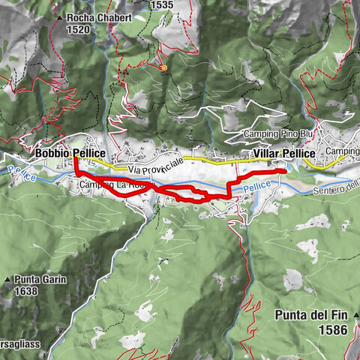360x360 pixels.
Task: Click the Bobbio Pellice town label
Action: tap(70, 153)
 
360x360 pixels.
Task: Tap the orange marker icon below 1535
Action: tap(163, 67)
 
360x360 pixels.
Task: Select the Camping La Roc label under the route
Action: tap(106, 184)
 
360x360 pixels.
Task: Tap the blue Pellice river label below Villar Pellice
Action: tap(256, 184)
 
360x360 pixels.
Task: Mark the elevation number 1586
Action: tap(330, 329)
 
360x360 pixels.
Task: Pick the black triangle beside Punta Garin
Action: tap(8, 278)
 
